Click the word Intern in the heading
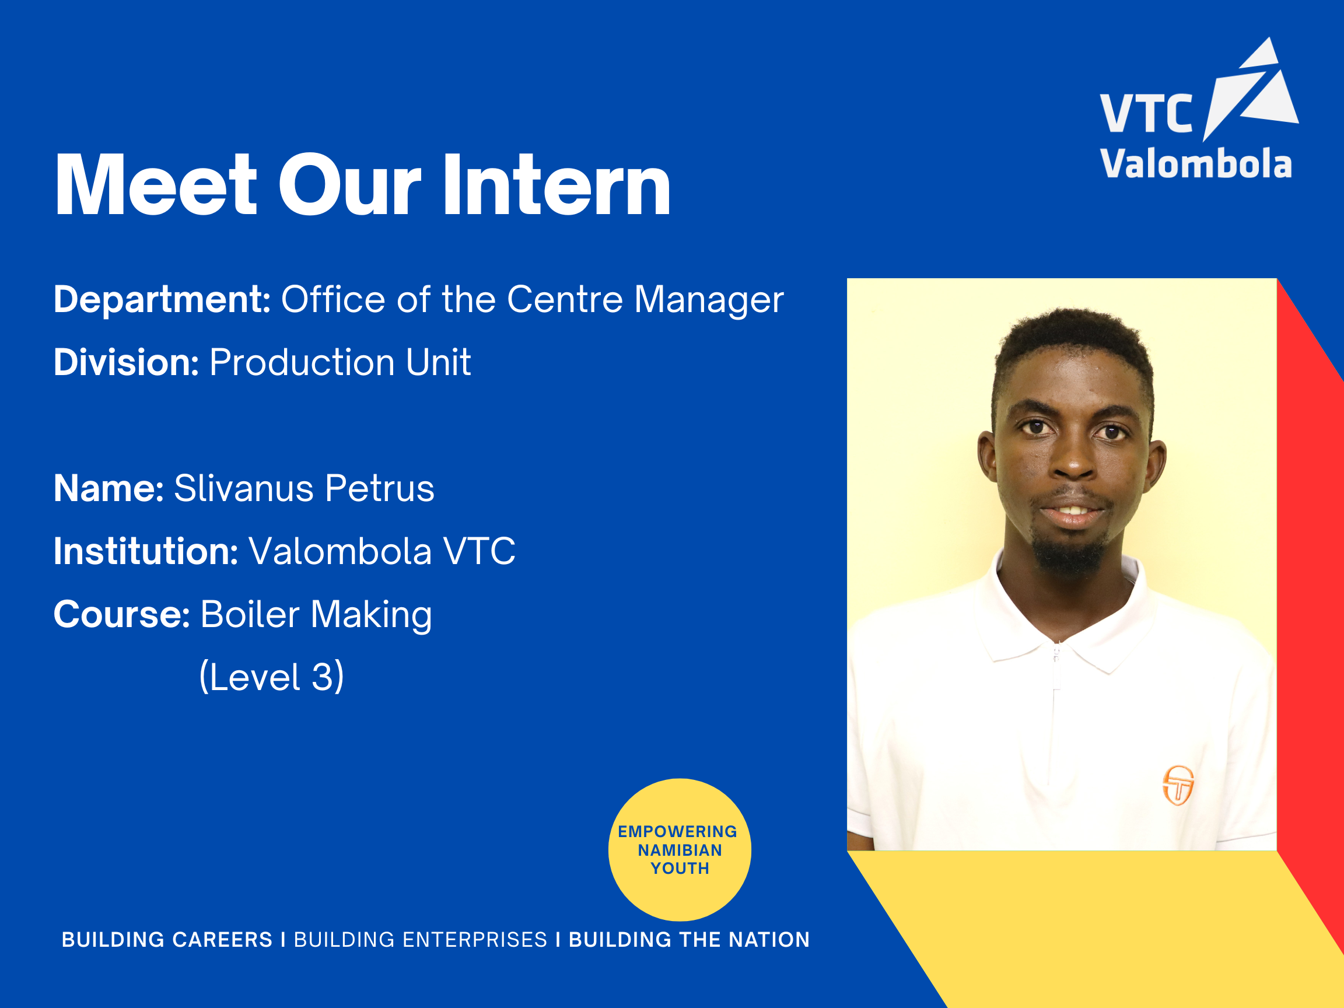pyautogui.click(x=556, y=185)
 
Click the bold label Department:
pyautogui.click(x=162, y=300)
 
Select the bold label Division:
pyautogui.click(x=126, y=362)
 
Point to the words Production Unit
pyautogui.click(x=339, y=362)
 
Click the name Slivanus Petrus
pyautogui.click(x=304, y=488)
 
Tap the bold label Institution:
pyautogui.click(x=146, y=551)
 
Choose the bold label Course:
pyautogui.click(x=121, y=614)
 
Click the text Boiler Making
pyautogui.click(x=316, y=614)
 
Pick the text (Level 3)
pyautogui.click(x=272, y=676)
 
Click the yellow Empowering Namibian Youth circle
pyautogui.click(x=679, y=849)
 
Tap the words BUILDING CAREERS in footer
pyautogui.click(x=167, y=939)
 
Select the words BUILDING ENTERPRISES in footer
pyautogui.click(x=421, y=939)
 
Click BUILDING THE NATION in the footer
pyautogui.click(x=689, y=939)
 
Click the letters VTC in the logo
pyautogui.click(x=1146, y=114)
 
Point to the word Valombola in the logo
pyautogui.click(x=1196, y=164)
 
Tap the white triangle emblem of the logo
pyautogui.click(x=1252, y=91)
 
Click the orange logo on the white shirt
pyautogui.click(x=1178, y=785)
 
